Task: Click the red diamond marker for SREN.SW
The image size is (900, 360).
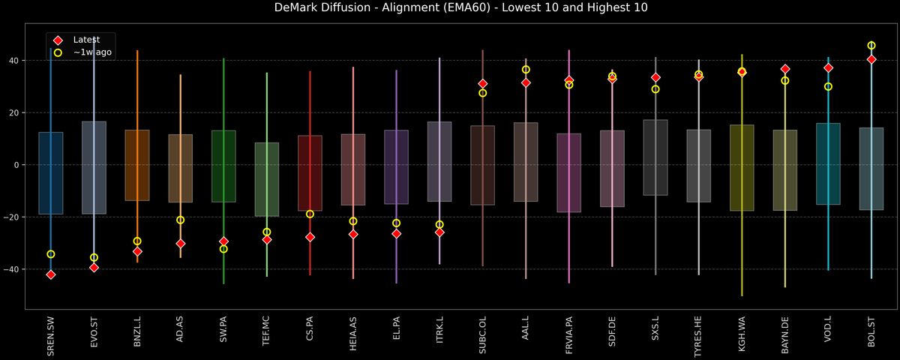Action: point(50,274)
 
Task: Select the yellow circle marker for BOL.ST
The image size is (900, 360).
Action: point(871,46)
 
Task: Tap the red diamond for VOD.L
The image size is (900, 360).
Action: point(828,68)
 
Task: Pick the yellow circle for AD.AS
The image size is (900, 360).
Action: point(180,220)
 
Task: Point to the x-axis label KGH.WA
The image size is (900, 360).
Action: point(742,334)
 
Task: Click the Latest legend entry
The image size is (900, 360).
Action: point(85,40)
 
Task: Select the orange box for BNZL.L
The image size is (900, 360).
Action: point(137,165)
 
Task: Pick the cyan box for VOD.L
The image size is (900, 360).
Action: point(828,163)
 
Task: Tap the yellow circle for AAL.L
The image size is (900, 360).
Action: point(526,70)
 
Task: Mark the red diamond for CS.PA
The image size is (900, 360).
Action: point(310,237)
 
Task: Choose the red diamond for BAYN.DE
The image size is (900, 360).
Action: point(785,69)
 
